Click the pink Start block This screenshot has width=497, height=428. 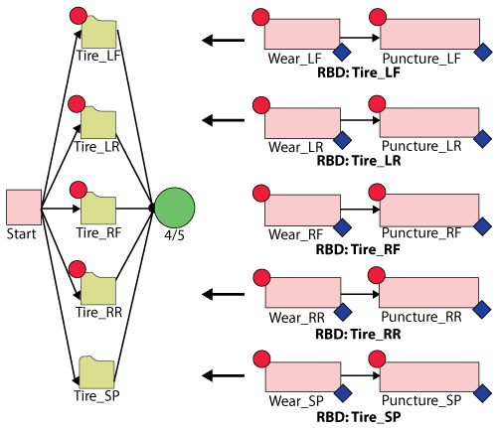tap(24, 208)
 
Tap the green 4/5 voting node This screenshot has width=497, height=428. tap(175, 208)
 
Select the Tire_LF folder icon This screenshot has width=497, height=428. tap(99, 33)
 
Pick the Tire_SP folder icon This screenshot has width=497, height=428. tap(96, 372)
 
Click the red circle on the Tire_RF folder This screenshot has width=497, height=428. tap(79, 190)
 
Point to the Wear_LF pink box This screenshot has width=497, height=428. tap(302, 34)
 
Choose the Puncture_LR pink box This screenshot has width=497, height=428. tap(429, 122)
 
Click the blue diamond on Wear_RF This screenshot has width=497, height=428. tap(342, 227)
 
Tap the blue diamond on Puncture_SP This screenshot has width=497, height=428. tap(483, 393)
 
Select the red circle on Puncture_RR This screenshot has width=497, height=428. tap(377, 275)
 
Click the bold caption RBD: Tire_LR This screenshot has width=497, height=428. tap(359, 161)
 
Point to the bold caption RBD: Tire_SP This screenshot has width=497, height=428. tap(359, 417)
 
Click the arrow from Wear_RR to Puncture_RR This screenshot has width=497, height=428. tap(360, 294)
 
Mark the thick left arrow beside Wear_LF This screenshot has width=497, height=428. tap(223, 41)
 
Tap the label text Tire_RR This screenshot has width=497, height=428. tap(98, 312)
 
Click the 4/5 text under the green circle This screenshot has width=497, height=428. tap(174, 235)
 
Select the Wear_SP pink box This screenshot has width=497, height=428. tap(303, 376)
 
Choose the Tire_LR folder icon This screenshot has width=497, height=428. tap(98, 122)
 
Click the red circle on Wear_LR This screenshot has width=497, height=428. tap(261, 105)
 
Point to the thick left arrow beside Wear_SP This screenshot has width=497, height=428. tap(223, 375)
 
